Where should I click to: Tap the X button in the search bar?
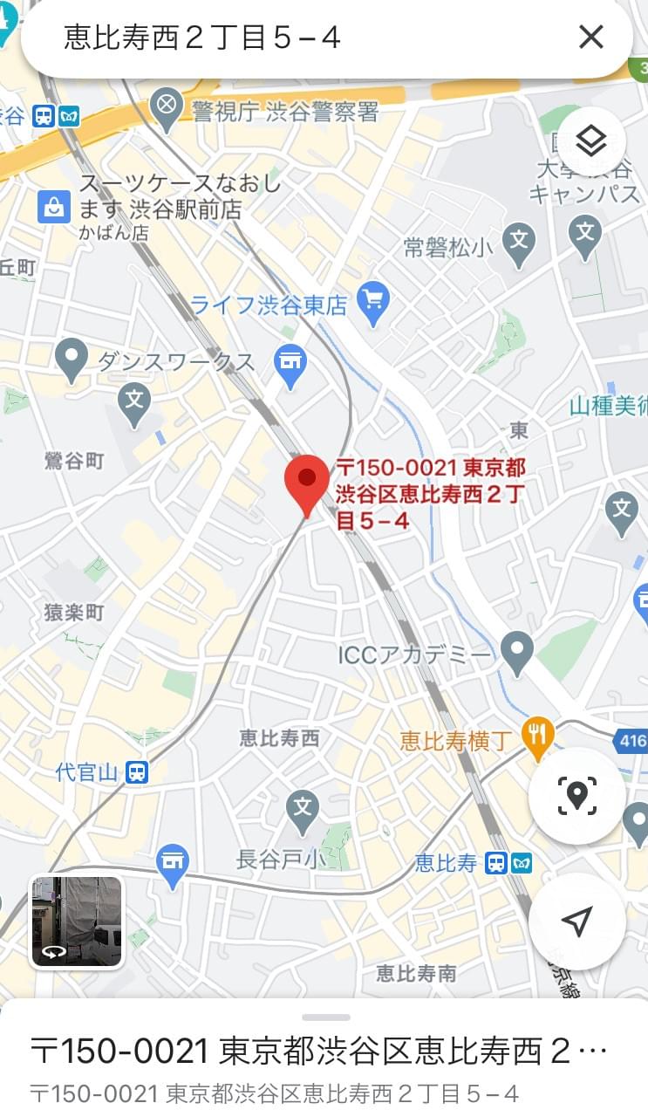(x=590, y=37)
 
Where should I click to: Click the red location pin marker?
(x=307, y=480)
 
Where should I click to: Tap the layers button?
(x=591, y=140)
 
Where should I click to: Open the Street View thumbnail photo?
(x=77, y=922)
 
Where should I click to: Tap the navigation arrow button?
(x=576, y=921)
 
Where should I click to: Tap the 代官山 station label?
(x=85, y=772)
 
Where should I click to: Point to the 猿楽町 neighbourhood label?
(x=74, y=613)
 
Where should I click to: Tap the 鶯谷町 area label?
(x=74, y=460)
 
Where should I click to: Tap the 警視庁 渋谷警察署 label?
(x=285, y=111)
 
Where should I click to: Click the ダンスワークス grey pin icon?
(x=71, y=359)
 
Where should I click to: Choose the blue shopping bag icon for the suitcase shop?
(x=54, y=207)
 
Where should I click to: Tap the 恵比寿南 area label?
(x=416, y=973)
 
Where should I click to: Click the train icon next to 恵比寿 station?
(x=496, y=864)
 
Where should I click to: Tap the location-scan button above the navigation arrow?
(x=576, y=795)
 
